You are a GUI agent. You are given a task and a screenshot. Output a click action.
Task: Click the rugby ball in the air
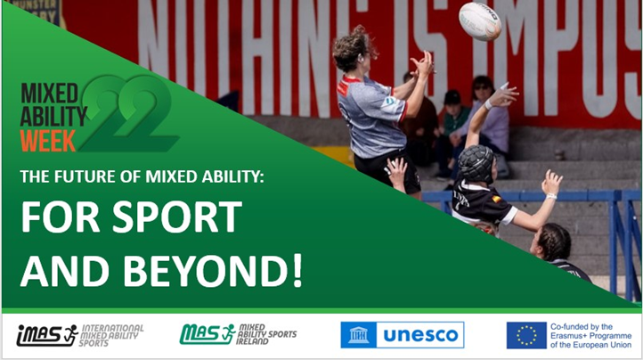click(479, 20)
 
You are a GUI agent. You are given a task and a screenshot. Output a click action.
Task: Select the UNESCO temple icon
click(358, 335)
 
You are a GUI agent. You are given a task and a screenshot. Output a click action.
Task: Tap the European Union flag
click(526, 335)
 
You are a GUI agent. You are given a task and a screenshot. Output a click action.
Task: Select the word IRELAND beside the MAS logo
click(256, 343)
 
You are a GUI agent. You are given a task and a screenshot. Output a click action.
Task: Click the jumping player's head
click(355, 50)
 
